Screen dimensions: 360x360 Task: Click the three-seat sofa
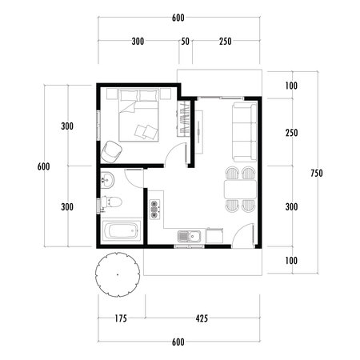pyautogui.click(x=243, y=128)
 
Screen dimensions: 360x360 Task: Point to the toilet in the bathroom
pyautogui.click(x=114, y=201)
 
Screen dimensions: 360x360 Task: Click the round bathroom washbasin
pyautogui.click(x=107, y=181)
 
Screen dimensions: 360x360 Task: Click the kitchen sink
pyautogui.click(x=190, y=236)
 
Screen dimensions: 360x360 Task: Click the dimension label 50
pyautogui.click(x=186, y=41)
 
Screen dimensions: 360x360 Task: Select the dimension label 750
pyautogui.click(x=317, y=173)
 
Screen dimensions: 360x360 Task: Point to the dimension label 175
pyautogui.click(x=121, y=318)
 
